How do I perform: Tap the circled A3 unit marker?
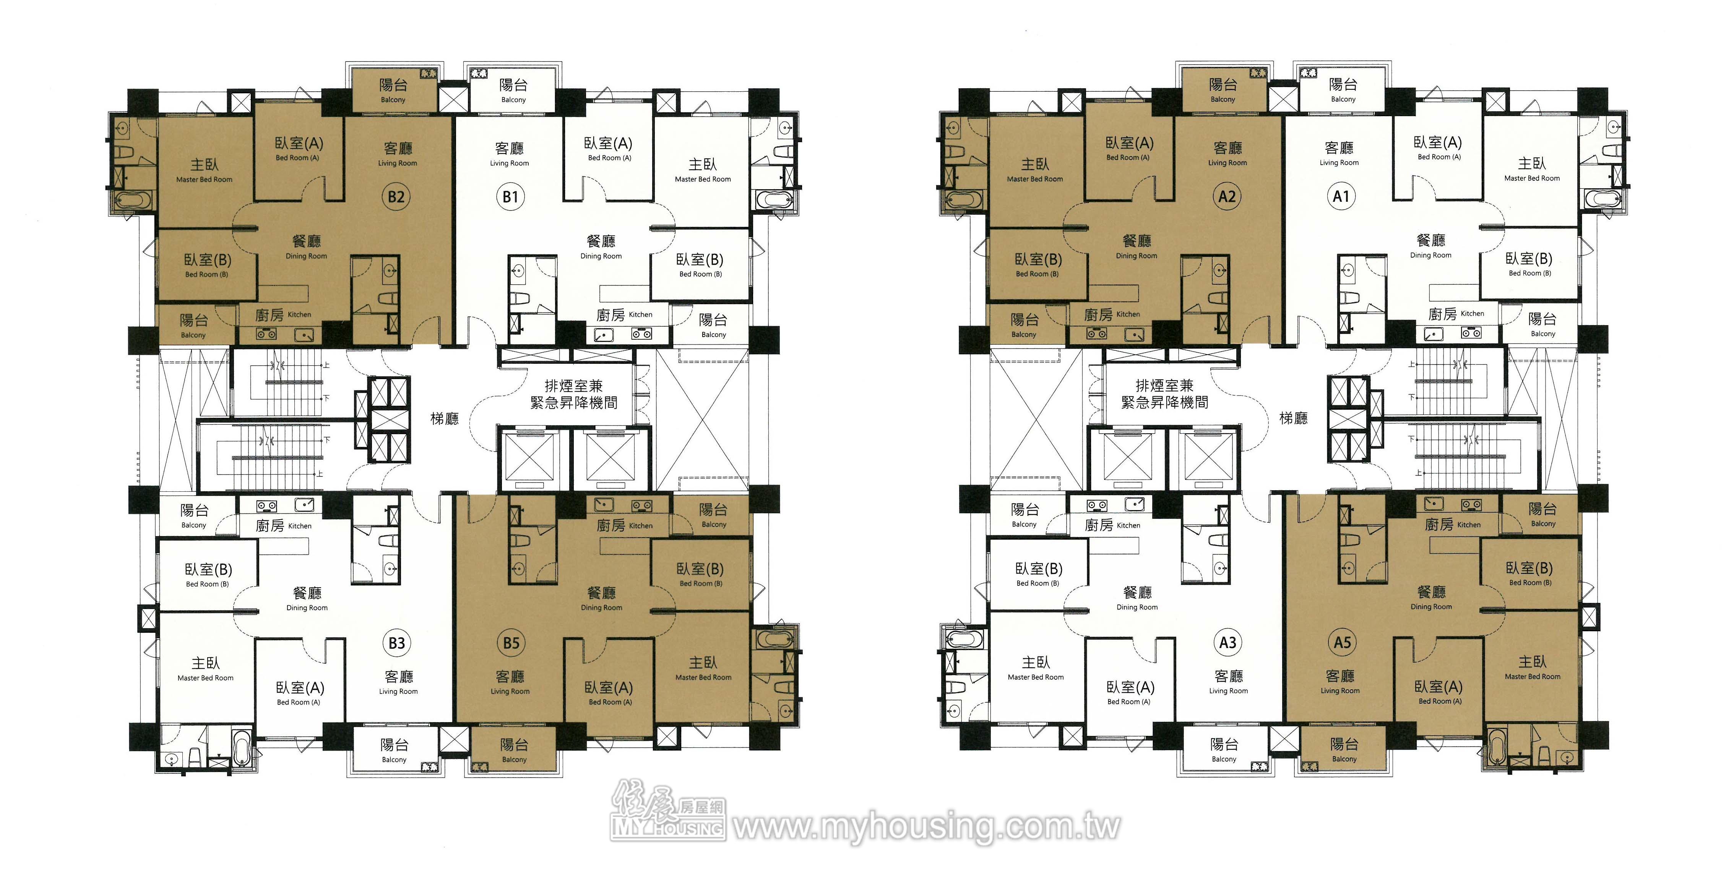1228,642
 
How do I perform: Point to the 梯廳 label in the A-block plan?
1293,418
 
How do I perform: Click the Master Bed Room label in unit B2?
204,180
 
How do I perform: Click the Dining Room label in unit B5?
601,608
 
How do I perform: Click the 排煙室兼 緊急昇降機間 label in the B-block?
573,394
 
